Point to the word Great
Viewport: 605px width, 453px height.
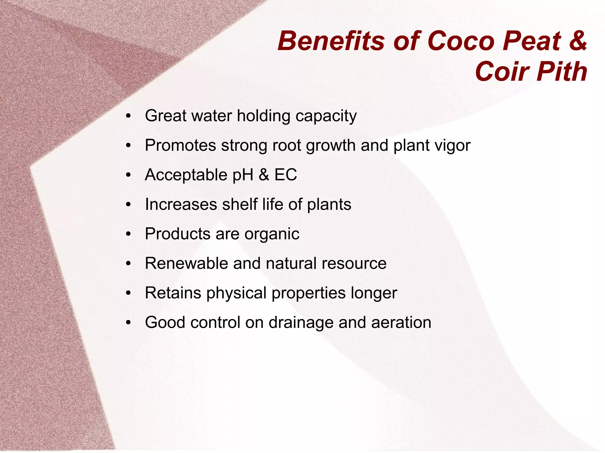pyautogui.click(x=166, y=115)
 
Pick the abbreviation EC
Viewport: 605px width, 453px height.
pyautogui.click(x=286, y=174)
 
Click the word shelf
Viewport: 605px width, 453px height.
pyautogui.click(x=240, y=204)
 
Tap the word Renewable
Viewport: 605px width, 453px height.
pyautogui.click(x=186, y=263)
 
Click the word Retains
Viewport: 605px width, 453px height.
pyautogui.click(x=173, y=293)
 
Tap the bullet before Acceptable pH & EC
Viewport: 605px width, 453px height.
pyautogui.click(x=128, y=175)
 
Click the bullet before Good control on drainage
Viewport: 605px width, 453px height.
pyautogui.click(x=128, y=323)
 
